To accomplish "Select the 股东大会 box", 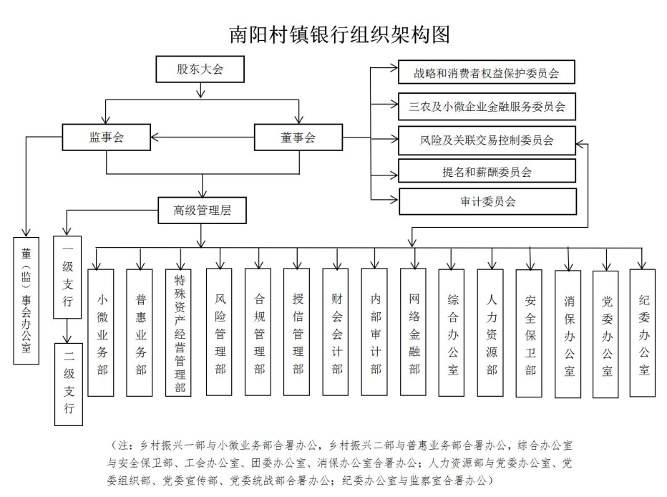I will pos(200,70).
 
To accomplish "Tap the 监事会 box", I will pos(107,137).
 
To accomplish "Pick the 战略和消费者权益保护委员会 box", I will pos(487,73).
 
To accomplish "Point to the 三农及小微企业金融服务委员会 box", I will pos(487,107).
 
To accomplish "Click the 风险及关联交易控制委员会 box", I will pos(487,140).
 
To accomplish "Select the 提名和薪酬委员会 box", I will pos(487,171).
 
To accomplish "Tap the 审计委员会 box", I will pos(487,201).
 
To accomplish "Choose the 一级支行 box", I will pos(67,275).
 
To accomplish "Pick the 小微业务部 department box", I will pos(102,332).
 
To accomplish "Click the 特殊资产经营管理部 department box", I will pos(179,332).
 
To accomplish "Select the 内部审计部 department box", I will pos(375,332).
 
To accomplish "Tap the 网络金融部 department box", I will pos(414,332).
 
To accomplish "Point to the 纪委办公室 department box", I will pos(643,332).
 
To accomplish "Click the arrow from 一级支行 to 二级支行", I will pos(67,329).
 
